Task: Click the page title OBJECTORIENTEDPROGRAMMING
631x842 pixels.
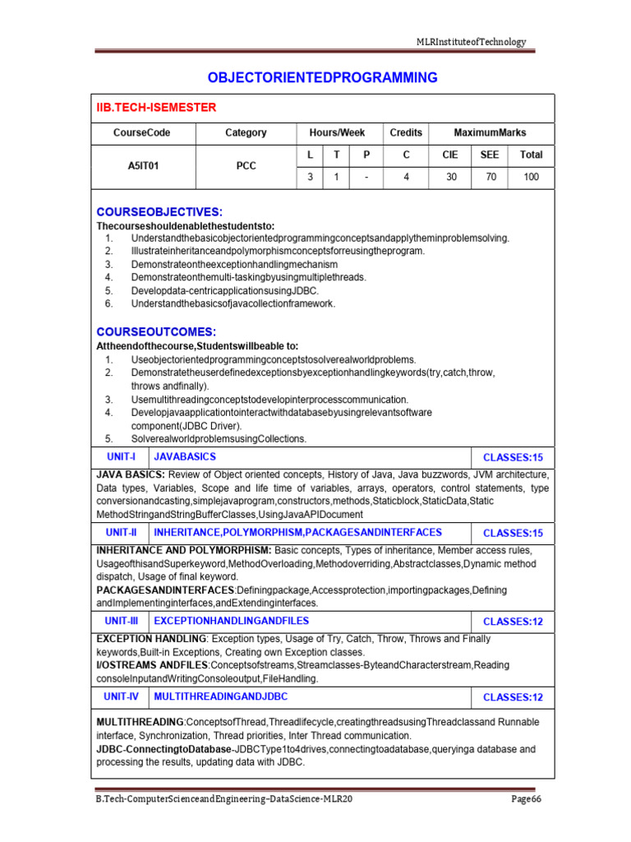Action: [322, 78]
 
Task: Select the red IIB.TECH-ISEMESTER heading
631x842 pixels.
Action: [156, 108]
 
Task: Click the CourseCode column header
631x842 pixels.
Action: [142, 132]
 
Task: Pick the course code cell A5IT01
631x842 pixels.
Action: [142, 165]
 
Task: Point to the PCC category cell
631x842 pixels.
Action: [246, 165]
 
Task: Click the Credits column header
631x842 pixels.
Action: [406, 132]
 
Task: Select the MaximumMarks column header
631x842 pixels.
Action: [491, 132]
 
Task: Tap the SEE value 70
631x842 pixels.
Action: [491, 177]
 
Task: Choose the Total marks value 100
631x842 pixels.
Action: [532, 177]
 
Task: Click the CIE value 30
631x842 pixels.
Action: [451, 177]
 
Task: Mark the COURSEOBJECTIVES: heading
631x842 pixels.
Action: [159, 211]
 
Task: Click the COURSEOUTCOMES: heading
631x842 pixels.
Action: [156, 332]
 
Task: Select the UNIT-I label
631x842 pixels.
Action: [121, 456]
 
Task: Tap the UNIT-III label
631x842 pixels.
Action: [121, 621]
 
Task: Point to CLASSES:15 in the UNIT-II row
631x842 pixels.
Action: [513, 534]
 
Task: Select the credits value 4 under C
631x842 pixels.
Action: [406, 177]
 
